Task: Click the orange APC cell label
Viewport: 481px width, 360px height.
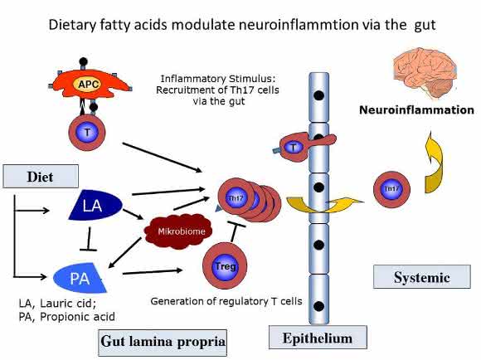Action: click(88, 84)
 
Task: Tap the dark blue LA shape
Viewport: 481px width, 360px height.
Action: click(95, 205)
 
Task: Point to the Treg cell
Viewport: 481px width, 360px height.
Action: click(225, 265)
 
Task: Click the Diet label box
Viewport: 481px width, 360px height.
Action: click(41, 177)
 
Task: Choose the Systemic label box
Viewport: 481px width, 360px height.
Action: click(422, 277)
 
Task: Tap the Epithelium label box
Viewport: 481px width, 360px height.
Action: click(318, 338)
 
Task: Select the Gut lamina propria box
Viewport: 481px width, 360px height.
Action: click(163, 343)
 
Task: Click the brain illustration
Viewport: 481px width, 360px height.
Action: click(425, 75)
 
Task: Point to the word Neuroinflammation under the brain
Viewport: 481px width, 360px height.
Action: click(416, 109)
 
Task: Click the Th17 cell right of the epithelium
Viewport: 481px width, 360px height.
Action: click(391, 189)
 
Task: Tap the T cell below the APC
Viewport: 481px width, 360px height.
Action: click(87, 133)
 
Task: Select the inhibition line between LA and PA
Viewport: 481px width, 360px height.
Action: click(89, 240)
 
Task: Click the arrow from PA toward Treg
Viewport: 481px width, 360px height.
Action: click(153, 271)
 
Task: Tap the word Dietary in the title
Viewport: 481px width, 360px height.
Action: click(72, 25)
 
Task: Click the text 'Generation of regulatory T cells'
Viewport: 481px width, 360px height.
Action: click(226, 301)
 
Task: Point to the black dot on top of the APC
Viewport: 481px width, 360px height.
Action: click(83, 62)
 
